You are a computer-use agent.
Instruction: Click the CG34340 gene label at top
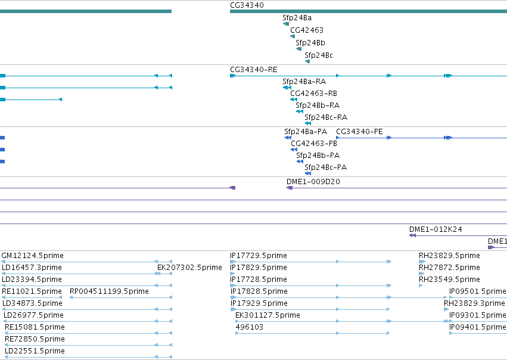click(247, 5)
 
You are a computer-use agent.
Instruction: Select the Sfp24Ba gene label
click(297, 18)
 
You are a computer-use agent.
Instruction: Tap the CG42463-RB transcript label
click(313, 94)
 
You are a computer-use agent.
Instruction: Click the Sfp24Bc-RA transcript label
click(326, 117)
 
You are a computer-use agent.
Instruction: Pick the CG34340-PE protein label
click(359, 132)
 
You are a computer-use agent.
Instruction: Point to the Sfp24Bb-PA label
click(318, 156)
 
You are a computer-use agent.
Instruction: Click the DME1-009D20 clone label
click(313, 182)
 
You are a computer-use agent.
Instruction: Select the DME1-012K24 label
click(436, 229)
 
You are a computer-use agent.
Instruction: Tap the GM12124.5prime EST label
click(32, 256)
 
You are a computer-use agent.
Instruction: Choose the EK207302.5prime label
click(189, 268)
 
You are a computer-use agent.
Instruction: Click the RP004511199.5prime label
click(109, 291)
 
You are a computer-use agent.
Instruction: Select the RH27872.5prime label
click(449, 268)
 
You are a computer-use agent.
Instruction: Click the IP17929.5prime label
click(259, 303)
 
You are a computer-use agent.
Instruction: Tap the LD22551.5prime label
click(35, 351)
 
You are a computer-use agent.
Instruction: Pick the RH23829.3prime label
click(474, 303)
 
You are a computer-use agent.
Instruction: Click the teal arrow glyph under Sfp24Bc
click(307, 61)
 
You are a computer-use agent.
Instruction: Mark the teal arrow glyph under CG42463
click(293, 36)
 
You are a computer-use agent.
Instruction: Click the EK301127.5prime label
click(268, 315)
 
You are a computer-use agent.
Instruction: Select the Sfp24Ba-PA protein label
click(306, 132)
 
